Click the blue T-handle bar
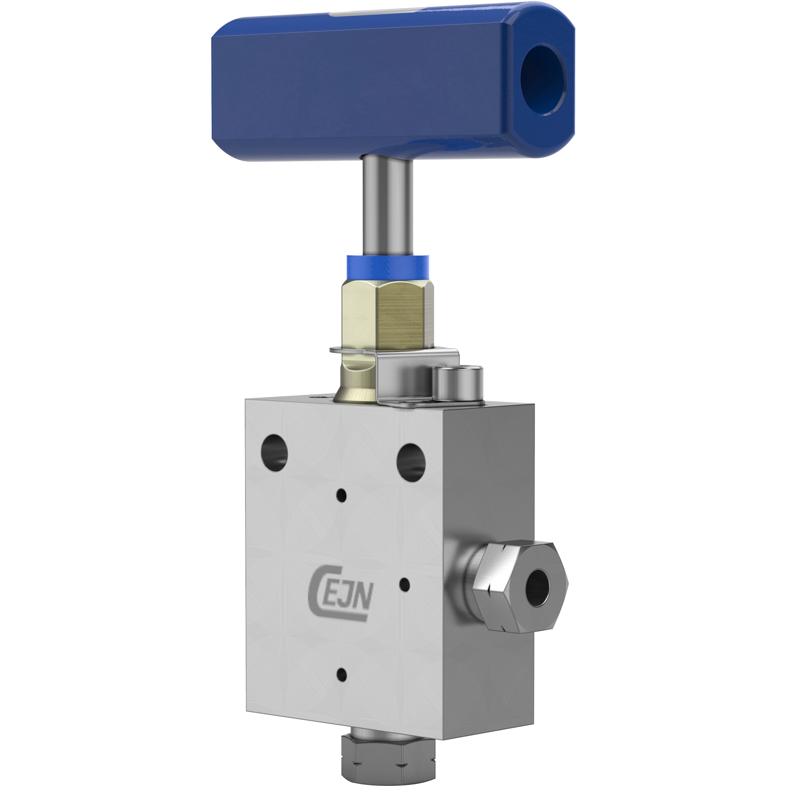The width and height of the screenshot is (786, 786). coord(393,81)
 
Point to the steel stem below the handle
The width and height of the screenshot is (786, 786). coord(388,206)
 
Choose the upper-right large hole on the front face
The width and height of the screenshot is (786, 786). coord(411,463)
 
